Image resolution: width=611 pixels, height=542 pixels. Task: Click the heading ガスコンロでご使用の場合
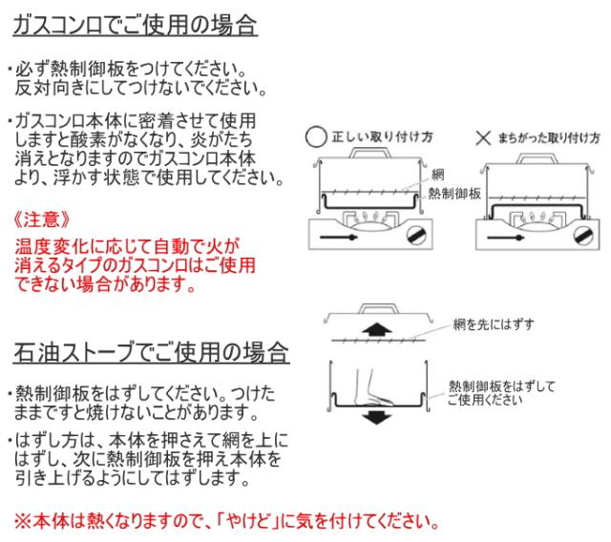click(135, 26)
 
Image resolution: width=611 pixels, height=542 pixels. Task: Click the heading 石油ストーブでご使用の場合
click(151, 352)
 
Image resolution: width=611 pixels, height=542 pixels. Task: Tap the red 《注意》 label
click(41, 220)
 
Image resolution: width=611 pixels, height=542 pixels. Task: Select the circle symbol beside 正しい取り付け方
click(316, 137)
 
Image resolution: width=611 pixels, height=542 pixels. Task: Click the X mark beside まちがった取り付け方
click(483, 137)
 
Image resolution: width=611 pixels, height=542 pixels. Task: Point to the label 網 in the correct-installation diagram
click(437, 175)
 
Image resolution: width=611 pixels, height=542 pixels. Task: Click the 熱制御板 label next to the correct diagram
click(454, 194)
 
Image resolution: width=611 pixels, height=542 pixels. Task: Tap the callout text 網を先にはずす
click(494, 324)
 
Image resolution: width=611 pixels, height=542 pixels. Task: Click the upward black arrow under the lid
click(376, 330)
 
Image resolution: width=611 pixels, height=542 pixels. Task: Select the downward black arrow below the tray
click(376, 417)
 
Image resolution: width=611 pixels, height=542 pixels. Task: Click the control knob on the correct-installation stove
click(416, 235)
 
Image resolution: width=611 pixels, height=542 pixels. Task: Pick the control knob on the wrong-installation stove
click(583, 236)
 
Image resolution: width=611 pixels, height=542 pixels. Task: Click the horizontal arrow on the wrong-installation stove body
click(505, 238)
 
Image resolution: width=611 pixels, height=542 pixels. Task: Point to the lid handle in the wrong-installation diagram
click(537, 158)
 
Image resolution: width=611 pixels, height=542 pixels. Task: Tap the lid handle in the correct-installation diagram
click(369, 153)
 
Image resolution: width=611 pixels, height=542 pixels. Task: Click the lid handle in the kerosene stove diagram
click(379, 308)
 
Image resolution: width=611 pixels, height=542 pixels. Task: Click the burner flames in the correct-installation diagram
click(369, 216)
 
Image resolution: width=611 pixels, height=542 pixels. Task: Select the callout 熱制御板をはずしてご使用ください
click(501, 393)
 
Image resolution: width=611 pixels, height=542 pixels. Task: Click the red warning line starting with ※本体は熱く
click(227, 521)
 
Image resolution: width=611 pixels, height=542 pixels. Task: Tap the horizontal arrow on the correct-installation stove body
click(338, 237)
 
